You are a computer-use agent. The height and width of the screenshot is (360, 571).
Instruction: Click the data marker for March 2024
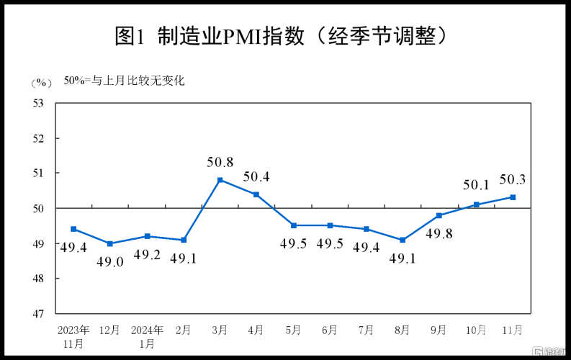point(220,180)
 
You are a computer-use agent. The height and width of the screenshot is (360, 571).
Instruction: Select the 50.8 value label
point(220,162)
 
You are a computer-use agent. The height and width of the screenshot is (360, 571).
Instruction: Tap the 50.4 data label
point(257,176)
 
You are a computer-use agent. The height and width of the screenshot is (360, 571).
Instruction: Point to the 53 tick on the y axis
point(38,103)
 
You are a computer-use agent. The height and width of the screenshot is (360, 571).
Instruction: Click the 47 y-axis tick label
point(38,314)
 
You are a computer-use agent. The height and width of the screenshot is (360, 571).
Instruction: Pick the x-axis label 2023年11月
point(74,336)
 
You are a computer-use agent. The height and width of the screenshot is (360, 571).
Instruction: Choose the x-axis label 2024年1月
point(147,336)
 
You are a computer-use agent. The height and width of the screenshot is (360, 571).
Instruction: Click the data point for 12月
point(110,243)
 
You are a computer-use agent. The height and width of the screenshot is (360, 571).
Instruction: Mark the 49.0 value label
point(110,262)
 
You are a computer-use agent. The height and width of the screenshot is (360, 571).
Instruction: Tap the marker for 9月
point(439,215)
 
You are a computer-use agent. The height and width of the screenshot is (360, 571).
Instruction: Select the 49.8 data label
point(439,233)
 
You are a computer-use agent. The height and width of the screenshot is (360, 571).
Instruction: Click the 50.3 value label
point(513,179)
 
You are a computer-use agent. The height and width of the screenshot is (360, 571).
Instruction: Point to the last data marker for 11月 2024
point(513,197)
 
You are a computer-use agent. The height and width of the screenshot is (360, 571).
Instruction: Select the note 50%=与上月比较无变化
point(124,81)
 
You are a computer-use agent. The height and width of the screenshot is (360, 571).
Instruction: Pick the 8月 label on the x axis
point(403,330)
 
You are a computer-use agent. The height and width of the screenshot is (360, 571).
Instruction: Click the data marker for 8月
point(403,240)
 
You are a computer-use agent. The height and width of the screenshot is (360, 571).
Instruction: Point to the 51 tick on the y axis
point(38,174)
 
